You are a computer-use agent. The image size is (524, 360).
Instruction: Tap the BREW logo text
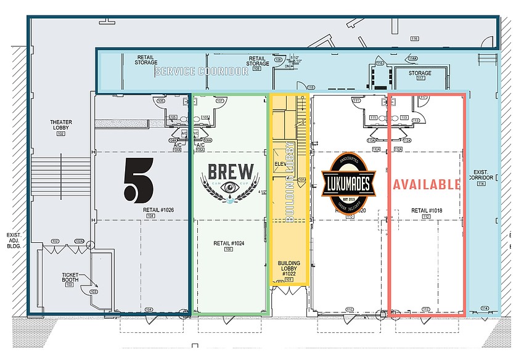tap(230, 171)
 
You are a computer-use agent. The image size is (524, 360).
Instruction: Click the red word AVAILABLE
tap(427, 184)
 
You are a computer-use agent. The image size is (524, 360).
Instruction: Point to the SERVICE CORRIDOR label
tap(202, 72)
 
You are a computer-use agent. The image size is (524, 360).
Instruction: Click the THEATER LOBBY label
tap(61, 125)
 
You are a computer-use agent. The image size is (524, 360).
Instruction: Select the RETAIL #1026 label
tap(158, 210)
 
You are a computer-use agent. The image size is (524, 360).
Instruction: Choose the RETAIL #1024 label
tap(229, 243)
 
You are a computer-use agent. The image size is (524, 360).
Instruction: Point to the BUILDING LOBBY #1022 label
tap(289, 268)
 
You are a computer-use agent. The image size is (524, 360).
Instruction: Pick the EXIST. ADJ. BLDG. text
tap(13, 240)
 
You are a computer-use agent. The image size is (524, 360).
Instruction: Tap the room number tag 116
tap(414, 38)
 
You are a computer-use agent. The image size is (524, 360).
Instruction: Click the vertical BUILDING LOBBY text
tap(289, 182)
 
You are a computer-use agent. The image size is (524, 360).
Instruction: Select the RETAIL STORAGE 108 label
tap(258, 60)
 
